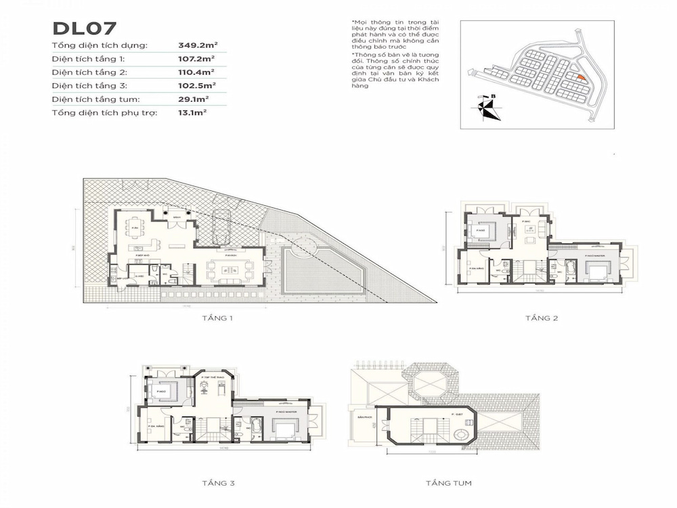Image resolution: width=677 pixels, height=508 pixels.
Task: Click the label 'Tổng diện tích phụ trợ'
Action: pyautogui.click(x=104, y=112)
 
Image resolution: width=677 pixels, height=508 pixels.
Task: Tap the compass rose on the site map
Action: pyautogui.click(x=486, y=108)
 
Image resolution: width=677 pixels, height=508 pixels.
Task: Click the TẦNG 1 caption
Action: pyautogui.click(x=215, y=318)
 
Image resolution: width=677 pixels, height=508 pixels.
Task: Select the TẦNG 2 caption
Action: pyautogui.click(x=541, y=318)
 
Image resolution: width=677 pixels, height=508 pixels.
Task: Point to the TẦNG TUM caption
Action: pyautogui.click(x=448, y=484)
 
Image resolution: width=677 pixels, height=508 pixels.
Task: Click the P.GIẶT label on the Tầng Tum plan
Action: pyautogui.click(x=447, y=412)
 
